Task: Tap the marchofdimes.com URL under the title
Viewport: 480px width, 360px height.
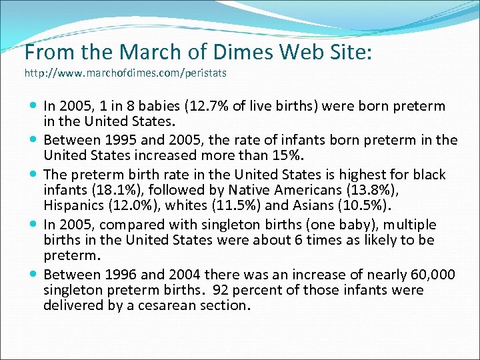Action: pos(125,73)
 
